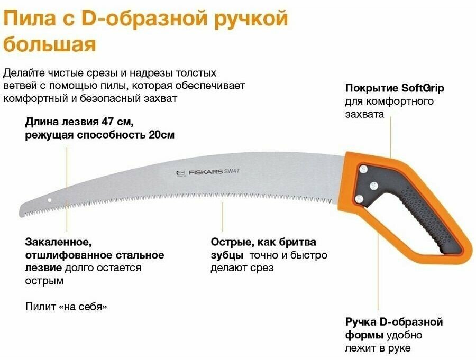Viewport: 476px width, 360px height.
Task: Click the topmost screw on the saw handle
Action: tap(364, 169)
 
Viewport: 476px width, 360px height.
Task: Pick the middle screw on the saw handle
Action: tap(373, 184)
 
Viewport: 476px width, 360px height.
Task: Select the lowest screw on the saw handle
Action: tap(359, 198)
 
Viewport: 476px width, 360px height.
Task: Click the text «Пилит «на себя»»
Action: tap(66, 307)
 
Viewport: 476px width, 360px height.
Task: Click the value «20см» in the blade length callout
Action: tap(161, 135)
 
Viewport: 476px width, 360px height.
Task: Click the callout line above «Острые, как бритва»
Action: tap(223, 217)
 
